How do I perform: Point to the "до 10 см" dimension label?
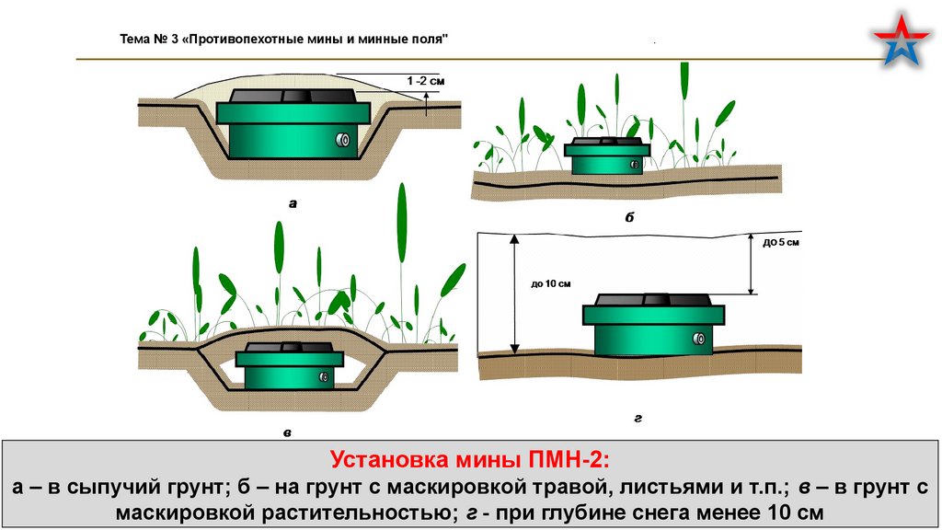click(x=551, y=283)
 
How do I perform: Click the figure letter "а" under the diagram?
click(x=293, y=204)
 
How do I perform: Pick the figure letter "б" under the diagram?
click(x=630, y=217)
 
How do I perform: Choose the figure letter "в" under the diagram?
click(x=288, y=430)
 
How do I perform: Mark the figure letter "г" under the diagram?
click(x=637, y=418)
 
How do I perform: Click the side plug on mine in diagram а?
click(x=342, y=140)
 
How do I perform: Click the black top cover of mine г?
click(x=653, y=301)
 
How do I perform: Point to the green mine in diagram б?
click(x=607, y=157)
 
